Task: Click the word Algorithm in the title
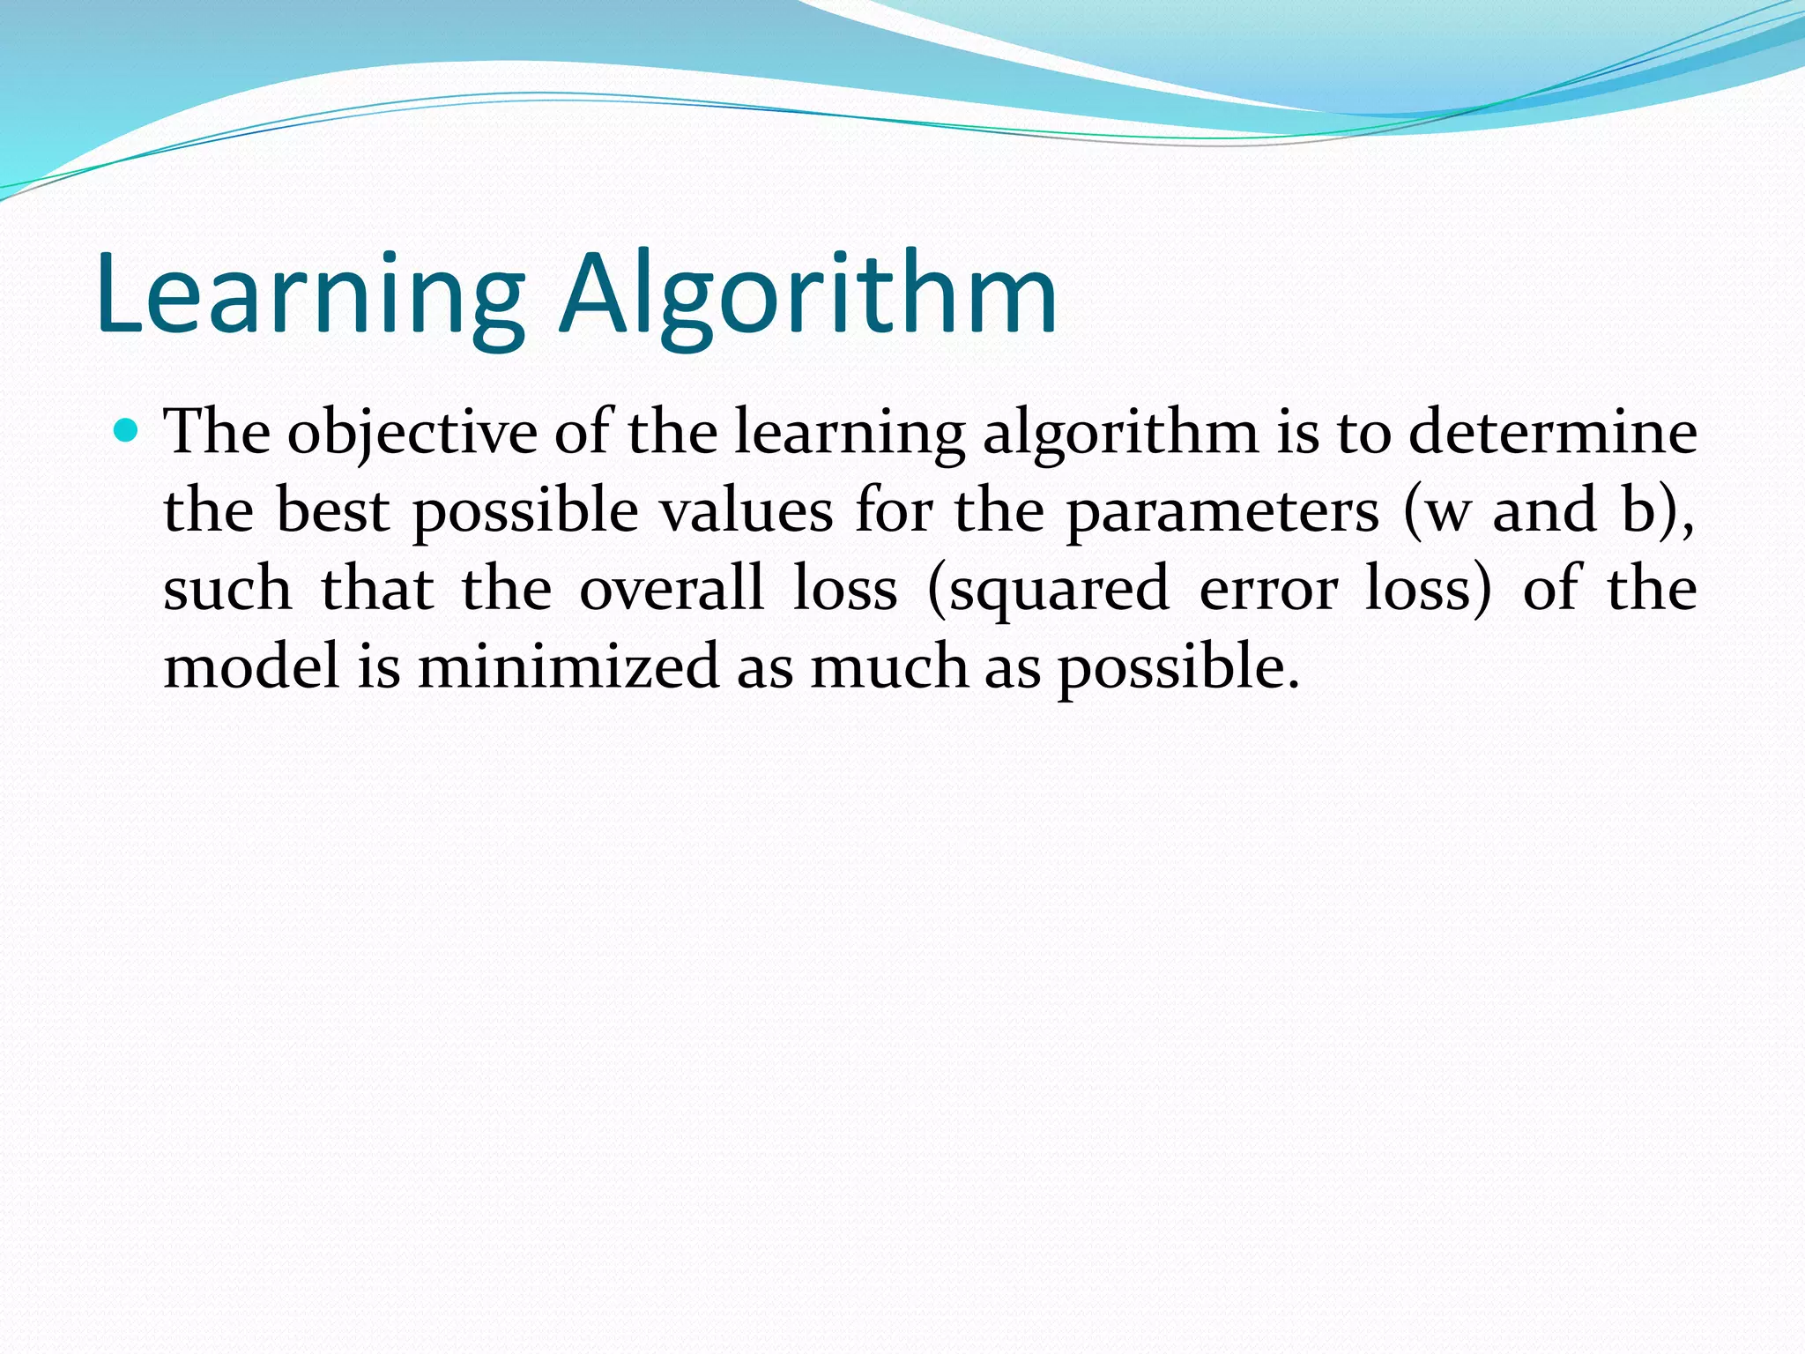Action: click(x=807, y=295)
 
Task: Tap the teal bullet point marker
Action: click(x=127, y=431)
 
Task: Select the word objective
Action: click(x=412, y=434)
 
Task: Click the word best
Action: click(x=332, y=510)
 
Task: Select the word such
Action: click(x=227, y=589)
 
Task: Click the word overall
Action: click(x=672, y=589)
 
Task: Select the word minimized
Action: click(x=568, y=666)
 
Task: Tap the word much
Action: click(x=889, y=666)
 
